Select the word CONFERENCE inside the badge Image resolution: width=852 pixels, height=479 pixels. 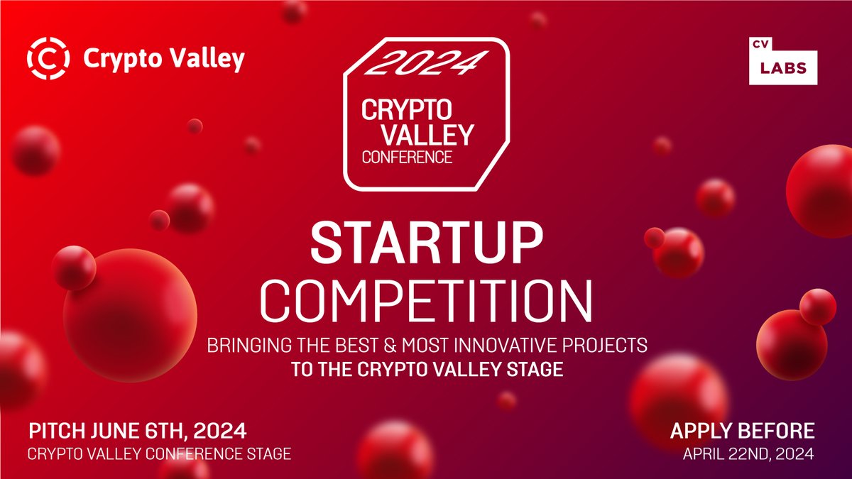coord(407,157)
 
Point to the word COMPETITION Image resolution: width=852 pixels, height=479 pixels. coord(425,301)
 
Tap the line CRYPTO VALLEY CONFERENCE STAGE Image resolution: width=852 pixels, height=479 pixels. coord(158,453)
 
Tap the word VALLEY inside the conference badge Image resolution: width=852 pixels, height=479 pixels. coord(408,133)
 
